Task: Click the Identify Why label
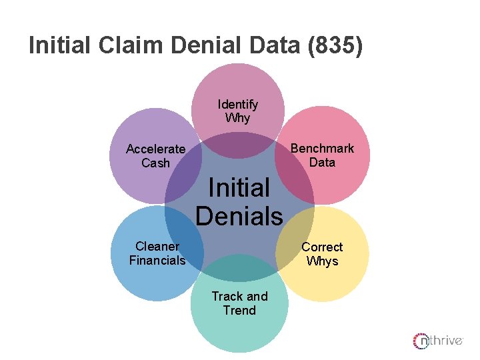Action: [x=237, y=111]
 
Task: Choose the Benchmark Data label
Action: [x=322, y=155]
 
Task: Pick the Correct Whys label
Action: [x=322, y=254]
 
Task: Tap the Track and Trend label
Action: [x=239, y=303]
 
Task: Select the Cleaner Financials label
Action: [x=157, y=253]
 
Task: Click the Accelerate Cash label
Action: [x=155, y=156]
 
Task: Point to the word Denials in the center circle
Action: [x=239, y=216]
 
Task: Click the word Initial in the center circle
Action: [x=239, y=187]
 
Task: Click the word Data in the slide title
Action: [x=275, y=46]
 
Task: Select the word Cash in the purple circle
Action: [x=155, y=163]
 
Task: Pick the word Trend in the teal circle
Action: [x=239, y=311]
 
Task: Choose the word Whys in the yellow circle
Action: [x=322, y=261]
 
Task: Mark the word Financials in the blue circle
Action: [x=157, y=261]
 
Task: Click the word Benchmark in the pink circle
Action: [x=322, y=148]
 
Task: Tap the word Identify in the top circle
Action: [x=237, y=104]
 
